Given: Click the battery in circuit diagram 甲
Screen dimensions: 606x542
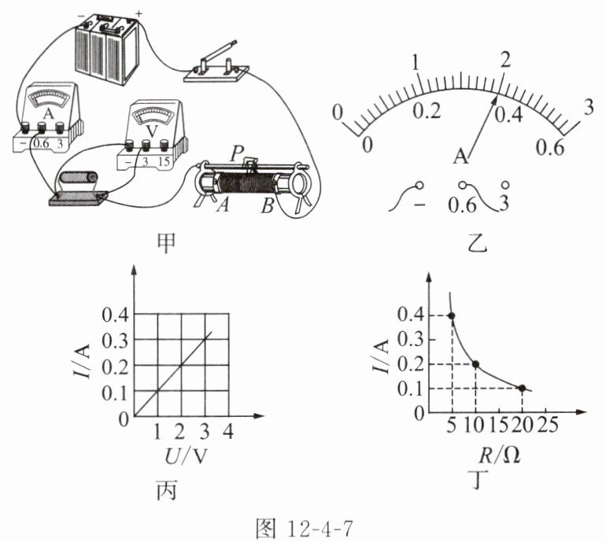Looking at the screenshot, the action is [107, 50].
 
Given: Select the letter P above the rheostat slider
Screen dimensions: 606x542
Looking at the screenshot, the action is [235, 154].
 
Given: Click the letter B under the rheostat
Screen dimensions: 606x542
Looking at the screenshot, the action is [267, 206].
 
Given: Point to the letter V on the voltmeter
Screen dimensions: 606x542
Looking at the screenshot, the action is [152, 131].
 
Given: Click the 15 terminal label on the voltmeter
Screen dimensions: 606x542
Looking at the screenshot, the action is [164, 161].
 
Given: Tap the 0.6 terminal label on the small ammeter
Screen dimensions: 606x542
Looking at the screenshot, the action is [41, 144].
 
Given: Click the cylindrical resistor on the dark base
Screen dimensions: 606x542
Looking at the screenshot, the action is [79, 179].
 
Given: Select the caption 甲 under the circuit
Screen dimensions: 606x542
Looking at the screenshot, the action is [167, 244].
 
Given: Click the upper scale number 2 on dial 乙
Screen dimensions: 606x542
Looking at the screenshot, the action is [505, 60].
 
